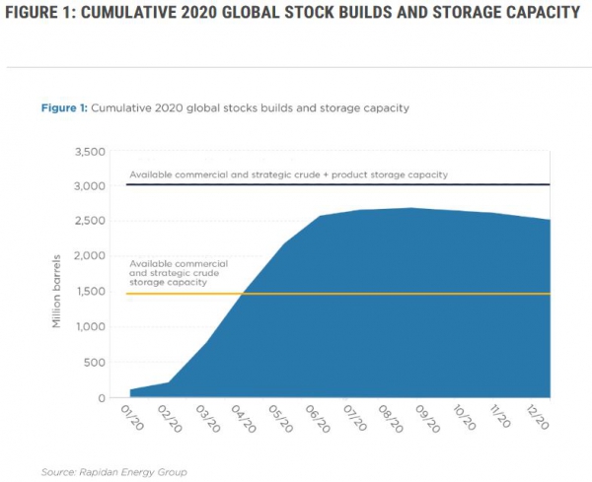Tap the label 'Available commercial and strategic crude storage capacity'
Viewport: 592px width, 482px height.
(179, 273)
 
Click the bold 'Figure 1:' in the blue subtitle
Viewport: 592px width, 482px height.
(64, 105)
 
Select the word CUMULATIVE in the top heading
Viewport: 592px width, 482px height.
(147, 14)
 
